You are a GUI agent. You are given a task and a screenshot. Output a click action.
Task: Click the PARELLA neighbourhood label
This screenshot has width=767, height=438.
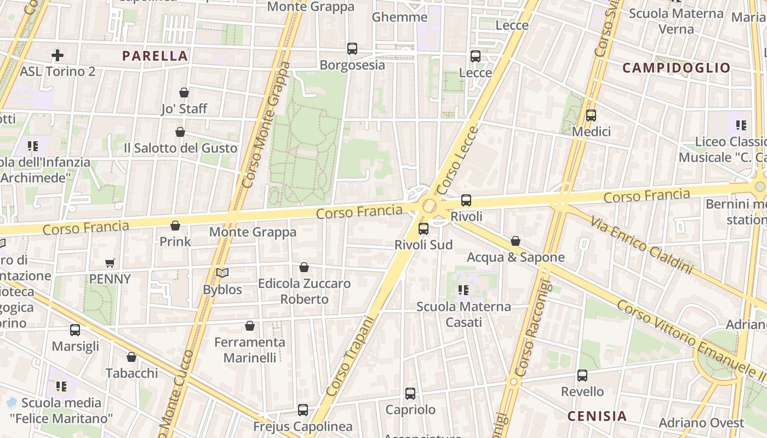[x=155, y=56]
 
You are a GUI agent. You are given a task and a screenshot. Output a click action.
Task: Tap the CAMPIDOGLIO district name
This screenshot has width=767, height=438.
[x=677, y=68]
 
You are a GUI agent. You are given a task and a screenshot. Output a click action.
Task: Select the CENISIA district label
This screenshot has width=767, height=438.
[x=597, y=416]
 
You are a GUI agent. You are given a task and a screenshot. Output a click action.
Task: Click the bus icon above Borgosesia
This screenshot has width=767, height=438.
[x=352, y=49]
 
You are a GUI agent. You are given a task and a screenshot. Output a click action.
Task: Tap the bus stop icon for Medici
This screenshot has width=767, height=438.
[x=591, y=116]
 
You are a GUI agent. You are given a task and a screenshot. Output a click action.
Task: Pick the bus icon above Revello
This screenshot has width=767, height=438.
[x=582, y=376]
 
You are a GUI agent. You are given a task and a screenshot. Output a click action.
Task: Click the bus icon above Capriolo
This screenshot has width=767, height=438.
[x=410, y=393]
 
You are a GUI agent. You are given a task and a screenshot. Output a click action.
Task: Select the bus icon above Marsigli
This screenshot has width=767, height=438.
[x=75, y=330]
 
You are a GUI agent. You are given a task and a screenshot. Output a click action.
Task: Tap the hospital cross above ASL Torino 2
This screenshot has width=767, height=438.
[x=58, y=55]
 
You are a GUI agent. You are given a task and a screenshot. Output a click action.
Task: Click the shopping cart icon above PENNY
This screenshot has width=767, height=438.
[x=110, y=263]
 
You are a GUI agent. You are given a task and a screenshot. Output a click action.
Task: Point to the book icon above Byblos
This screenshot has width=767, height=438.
[x=222, y=273]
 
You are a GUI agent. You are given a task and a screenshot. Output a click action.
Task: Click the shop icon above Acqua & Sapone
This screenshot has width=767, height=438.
[x=515, y=241]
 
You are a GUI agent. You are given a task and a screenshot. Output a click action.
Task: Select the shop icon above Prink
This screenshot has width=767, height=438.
[x=175, y=226]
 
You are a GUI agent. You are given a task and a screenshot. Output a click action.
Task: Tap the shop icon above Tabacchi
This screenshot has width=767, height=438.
[x=131, y=357]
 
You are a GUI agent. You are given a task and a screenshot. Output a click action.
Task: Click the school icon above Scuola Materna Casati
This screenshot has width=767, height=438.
[x=463, y=290]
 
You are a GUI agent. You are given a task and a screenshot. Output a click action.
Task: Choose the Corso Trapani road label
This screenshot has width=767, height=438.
[x=350, y=356]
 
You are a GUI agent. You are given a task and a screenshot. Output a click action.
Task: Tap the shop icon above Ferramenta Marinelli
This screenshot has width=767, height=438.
[x=250, y=326]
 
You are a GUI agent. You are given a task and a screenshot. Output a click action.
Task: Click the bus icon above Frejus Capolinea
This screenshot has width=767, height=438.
[x=302, y=410]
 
